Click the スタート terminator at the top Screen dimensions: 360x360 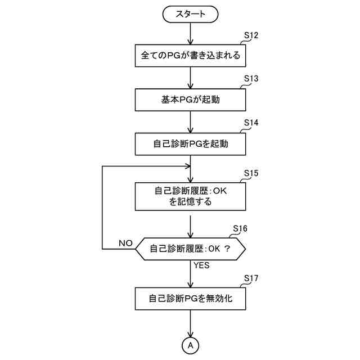[191, 14]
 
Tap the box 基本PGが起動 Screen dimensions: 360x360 [191, 100]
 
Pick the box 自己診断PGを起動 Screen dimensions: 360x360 [191, 143]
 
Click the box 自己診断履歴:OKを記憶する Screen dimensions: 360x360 [191, 196]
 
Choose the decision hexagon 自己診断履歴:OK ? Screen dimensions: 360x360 [191, 248]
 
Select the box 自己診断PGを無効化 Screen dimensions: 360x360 [191, 298]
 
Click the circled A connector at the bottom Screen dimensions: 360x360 [191, 344]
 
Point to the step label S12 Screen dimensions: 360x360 [250, 35]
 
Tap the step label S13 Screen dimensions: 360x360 [250, 79]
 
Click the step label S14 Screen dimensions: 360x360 [250, 123]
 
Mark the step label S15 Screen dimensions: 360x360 [250, 173]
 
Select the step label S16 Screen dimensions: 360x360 [240, 228]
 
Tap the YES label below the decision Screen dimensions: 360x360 [201, 265]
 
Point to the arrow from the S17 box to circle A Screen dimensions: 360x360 [191, 323]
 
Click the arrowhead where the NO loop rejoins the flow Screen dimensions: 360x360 [187, 167]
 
